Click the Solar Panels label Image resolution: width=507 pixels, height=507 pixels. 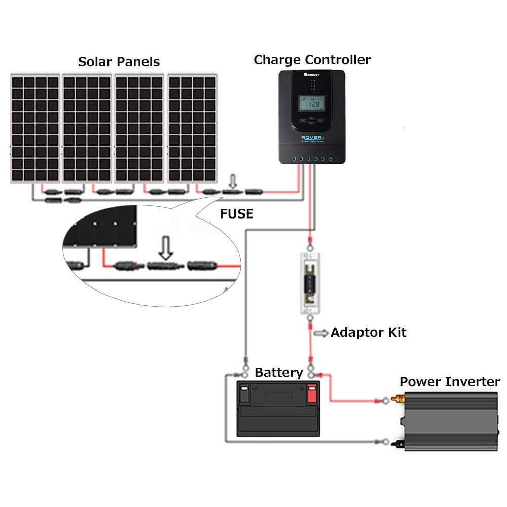point(119,62)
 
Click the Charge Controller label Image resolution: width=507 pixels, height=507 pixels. point(312,60)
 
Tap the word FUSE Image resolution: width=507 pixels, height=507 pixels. point(236,214)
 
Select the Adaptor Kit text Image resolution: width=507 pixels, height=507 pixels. point(368,333)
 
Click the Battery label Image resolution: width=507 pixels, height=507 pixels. point(278,373)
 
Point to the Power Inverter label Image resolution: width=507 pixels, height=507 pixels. point(450,382)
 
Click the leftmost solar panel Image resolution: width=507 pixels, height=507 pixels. point(34,129)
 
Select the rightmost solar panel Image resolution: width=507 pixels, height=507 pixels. point(193,129)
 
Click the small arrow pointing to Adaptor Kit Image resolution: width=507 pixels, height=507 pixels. point(321,333)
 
